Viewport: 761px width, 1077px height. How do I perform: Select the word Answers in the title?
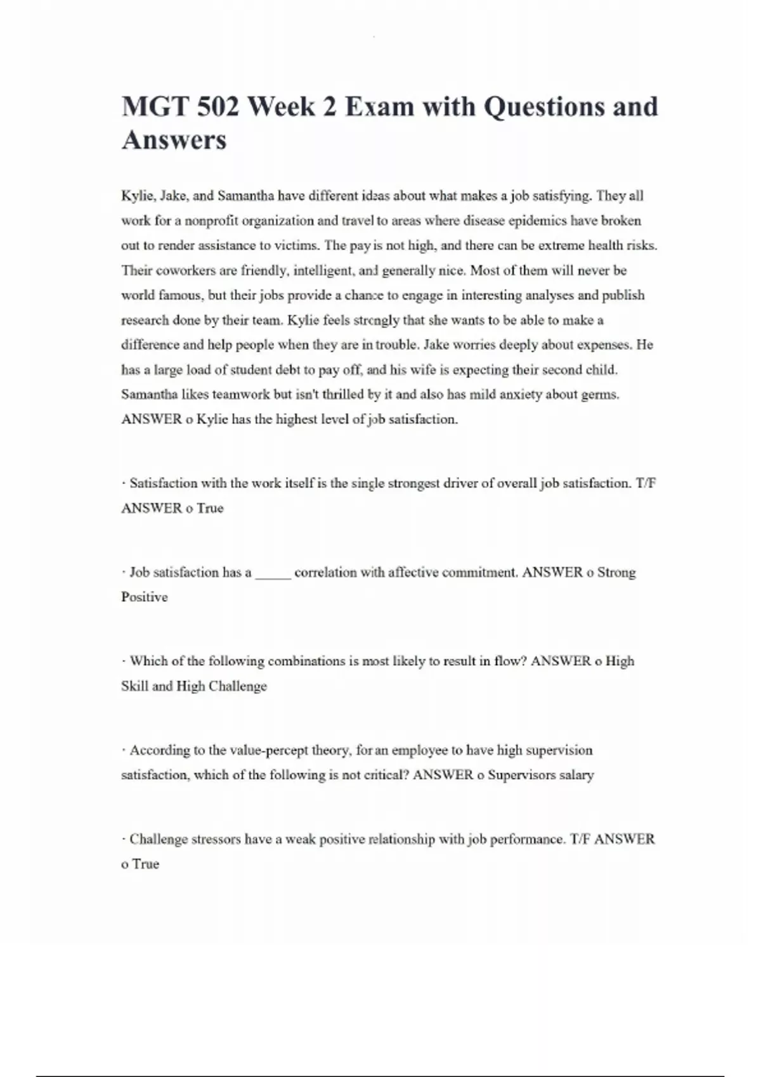(x=174, y=140)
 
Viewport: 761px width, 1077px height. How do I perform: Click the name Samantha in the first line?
(x=246, y=196)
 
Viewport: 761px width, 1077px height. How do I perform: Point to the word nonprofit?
(x=211, y=220)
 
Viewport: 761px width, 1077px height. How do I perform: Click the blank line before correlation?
(x=273, y=573)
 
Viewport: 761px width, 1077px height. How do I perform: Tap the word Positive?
(x=145, y=597)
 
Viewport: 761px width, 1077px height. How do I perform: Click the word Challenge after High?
(x=238, y=686)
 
